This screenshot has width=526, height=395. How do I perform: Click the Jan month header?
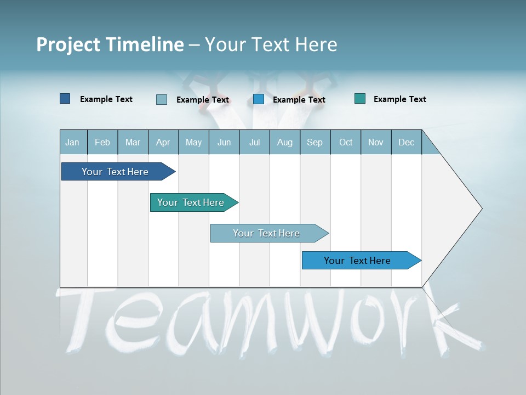pyautogui.click(x=72, y=143)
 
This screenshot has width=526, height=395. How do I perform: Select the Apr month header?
pyautogui.click(x=163, y=143)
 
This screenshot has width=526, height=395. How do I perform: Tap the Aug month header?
pyautogui.click(x=284, y=143)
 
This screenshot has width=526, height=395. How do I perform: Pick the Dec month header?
pyautogui.click(x=406, y=143)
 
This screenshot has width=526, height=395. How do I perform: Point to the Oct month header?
pyautogui.click(x=346, y=143)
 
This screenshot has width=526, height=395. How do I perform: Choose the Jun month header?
pyautogui.click(x=224, y=143)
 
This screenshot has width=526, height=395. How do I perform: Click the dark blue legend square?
pyautogui.click(x=65, y=99)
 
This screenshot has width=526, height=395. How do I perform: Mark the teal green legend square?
pyautogui.click(x=360, y=99)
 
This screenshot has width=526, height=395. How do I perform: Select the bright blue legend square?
pyautogui.click(x=259, y=99)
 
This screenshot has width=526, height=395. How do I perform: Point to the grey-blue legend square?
pyautogui.click(x=162, y=99)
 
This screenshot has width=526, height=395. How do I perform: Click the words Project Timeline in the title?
pyautogui.click(x=110, y=44)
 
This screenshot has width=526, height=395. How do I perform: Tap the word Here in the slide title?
pyautogui.click(x=316, y=44)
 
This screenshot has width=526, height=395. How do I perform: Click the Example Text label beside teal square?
pyautogui.click(x=399, y=99)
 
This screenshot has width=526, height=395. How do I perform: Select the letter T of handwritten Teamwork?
pyautogui.click(x=82, y=318)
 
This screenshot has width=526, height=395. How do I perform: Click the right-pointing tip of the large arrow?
pyautogui.click(x=481, y=208)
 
